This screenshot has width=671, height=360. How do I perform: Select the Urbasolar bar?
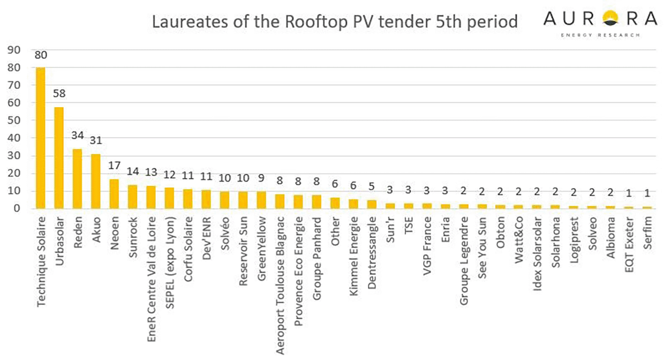tap(59, 158)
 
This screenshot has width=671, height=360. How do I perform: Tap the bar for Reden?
tap(77, 179)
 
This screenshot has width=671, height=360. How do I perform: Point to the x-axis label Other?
tap(335, 231)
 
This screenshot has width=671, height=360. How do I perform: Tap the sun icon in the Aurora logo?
tap(609, 19)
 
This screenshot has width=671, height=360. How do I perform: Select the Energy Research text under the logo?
tap(600, 35)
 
